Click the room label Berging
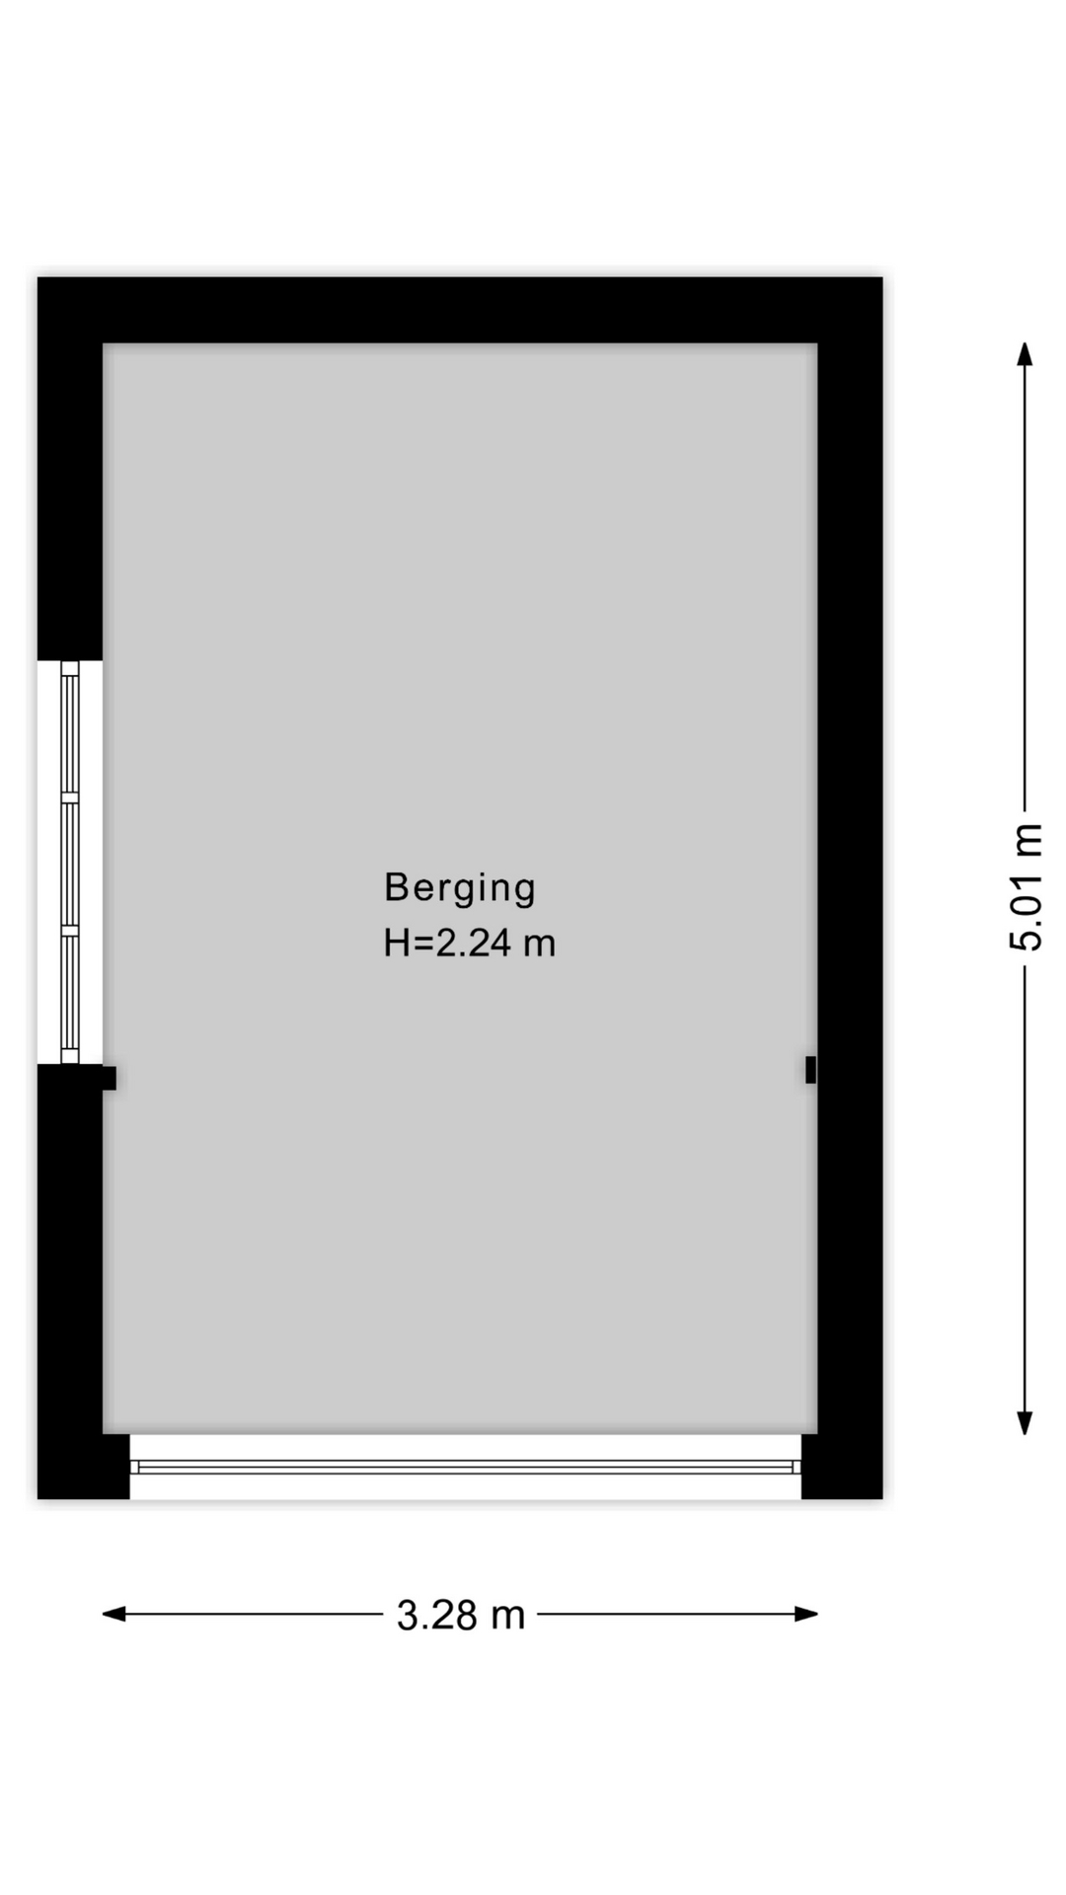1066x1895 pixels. click(x=460, y=887)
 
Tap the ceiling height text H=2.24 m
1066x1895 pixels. click(x=470, y=944)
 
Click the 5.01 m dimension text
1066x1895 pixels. click(x=1026, y=886)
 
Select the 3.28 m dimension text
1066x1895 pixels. click(x=461, y=1616)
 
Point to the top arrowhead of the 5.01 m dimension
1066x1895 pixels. click(x=1026, y=354)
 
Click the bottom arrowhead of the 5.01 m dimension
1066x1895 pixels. click(x=1026, y=1422)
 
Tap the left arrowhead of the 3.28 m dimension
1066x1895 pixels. click(x=114, y=1614)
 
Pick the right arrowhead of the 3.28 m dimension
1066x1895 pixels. click(x=806, y=1614)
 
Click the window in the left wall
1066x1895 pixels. click(x=70, y=862)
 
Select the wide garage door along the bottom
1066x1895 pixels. click(x=466, y=1467)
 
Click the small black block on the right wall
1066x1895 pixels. click(x=811, y=1069)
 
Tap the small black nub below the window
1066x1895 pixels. click(x=110, y=1078)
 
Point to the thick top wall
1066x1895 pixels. click(x=460, y=310)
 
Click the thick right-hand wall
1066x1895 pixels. click(x=850, y=888)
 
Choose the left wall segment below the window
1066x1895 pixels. click(x=70, y=1281)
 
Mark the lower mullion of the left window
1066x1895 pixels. click(x=70, y=930)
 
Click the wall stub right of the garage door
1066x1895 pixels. click(x=842, y=1467)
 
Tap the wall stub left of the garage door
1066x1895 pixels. click(x=84, y=1467)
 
